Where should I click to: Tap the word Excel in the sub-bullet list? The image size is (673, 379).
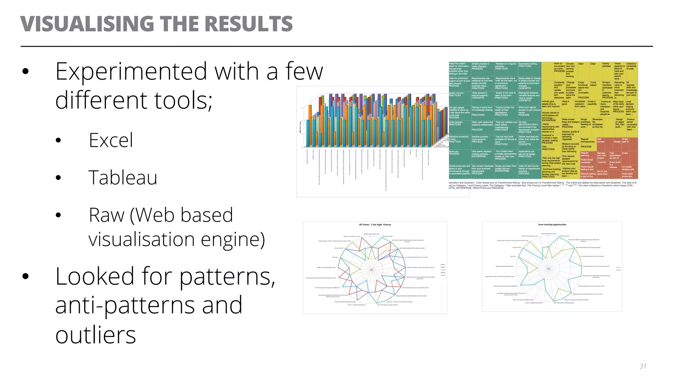pyautogui.click(x=111, y=140)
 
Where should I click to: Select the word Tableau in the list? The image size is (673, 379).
pyautogui.click(x=123, y=178)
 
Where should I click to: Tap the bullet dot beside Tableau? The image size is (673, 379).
pyautogui.click(x=58, y=178)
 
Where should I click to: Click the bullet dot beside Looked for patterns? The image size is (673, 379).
pyautogui.click(x=26, y=276)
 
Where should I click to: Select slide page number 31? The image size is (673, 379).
pyautogui.click(x=643, y=366)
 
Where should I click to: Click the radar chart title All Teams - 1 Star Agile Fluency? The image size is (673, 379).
pyautogui.click(x=375, y=225)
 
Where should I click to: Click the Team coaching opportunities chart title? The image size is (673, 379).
pyautogui.click(x=552, y=225)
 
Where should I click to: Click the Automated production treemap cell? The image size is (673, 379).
pyautogui.click(x=627, y=175)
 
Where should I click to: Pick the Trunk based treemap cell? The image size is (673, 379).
pyautogui.click(x=593, y=84)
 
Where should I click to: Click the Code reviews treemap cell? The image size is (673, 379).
pyautogui.click(x=457, y=123)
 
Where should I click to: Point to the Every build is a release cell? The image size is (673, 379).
pyautogui.click(x=615, y=164)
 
